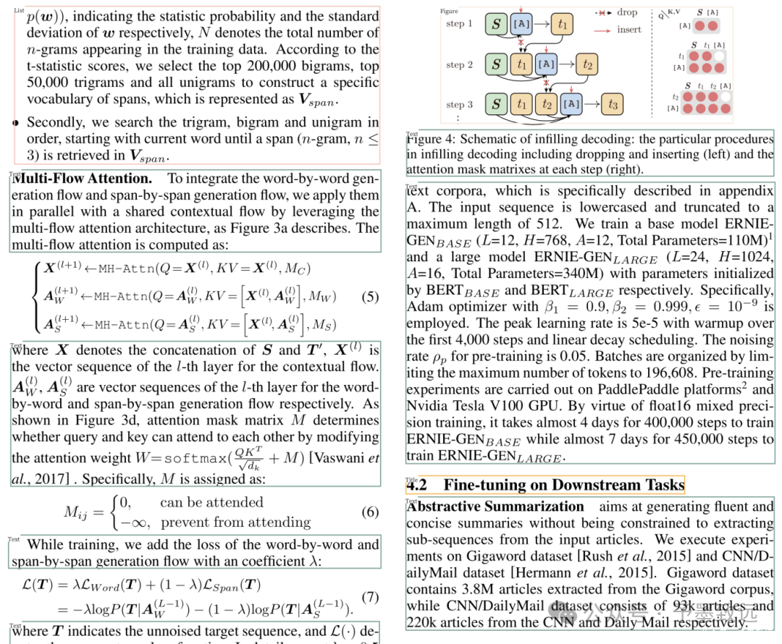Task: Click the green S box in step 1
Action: (497, 24)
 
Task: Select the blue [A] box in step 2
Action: (547, 64)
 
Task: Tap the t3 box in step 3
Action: (613, 105)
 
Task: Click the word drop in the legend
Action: (627, 12)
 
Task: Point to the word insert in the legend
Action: (629, 30)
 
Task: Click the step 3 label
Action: (459, 105)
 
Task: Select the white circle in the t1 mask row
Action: (719, 56)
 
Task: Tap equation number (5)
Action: (369, 296)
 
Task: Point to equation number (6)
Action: (369, 512)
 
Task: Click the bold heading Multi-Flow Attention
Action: (83, 178)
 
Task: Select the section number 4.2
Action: (417, 485)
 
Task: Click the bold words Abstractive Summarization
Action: (495, 507)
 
